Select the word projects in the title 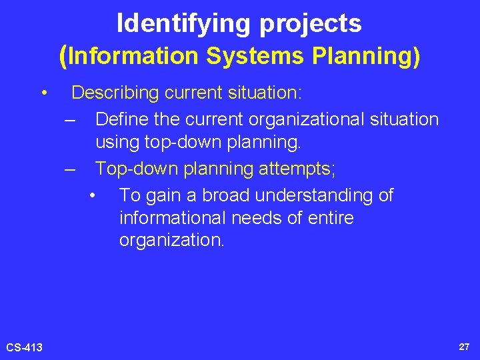pos(311,25)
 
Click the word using pos(117,142)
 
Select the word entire pos(331,218)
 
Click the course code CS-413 pos(24,347)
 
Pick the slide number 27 pos(464,347)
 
